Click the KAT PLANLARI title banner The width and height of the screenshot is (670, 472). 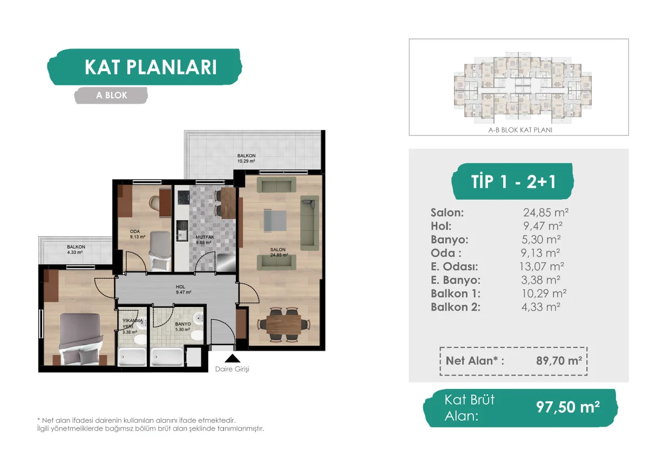[145, 67]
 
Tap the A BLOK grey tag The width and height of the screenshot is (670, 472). [111, 95]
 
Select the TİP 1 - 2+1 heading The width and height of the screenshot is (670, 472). [513, 181]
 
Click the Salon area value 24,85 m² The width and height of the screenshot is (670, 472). [546, 213]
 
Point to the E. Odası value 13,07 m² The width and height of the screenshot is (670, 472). [542, 266]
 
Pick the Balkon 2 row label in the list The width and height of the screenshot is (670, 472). [456, 307]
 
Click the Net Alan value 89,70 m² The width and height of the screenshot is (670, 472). [559, 361]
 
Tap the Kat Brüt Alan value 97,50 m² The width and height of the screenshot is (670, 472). [568, 407]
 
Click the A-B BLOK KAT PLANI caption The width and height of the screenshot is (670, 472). [520, 130]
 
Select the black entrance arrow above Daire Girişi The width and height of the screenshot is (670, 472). [232, 358]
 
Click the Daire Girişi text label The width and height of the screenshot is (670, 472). [232, 369]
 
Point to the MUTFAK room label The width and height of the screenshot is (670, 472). [205, 237]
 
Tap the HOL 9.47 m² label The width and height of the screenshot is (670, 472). [184, 290]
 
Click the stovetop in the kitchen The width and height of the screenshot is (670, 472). [184, 197]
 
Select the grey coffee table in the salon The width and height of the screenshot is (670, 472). [275, 221]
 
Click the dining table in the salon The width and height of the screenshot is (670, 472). [283, 325]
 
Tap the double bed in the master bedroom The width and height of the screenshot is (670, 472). [80, 339]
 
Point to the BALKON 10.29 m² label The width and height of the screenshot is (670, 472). [246, 159]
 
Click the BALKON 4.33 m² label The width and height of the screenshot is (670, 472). [76, 250]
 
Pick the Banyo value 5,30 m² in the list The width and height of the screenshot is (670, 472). [541, 240]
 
